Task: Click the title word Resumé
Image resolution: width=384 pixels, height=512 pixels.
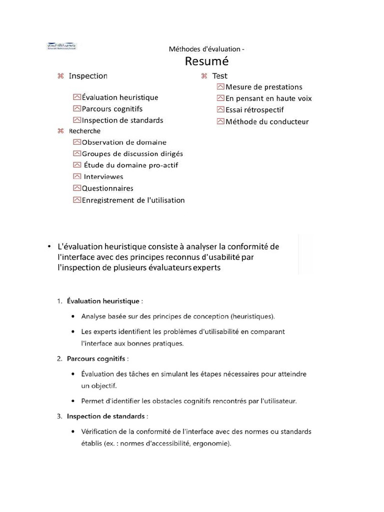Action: click(x=206, y=61)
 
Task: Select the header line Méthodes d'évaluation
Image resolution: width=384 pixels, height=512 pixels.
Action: click(x=207, y=49)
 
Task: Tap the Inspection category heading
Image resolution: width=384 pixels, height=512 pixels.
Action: click(x=88, y=76)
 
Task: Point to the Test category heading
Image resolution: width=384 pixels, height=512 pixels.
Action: click(x=219, y=76)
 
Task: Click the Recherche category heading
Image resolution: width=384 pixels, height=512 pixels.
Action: click(x=84, y=131)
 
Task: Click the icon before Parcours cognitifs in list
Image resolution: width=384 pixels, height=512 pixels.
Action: click(x=76, y=108)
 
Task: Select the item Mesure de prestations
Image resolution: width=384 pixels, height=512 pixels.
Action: click(x=263, y=87)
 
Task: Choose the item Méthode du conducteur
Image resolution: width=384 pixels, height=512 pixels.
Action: click(x=267, y=121)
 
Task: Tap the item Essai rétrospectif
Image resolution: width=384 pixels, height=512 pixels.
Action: click(x=254, y=110)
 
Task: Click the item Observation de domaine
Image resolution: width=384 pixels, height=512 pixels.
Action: click(x=124, y=142)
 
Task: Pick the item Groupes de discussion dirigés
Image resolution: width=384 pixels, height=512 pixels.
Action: click(x=132, y=154)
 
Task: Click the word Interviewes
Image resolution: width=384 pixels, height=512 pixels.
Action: click(x=103, y=177)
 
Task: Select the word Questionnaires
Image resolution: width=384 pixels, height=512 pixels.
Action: click(x=107, y=188)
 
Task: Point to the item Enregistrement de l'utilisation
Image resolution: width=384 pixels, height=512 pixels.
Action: click(x=133, y=200)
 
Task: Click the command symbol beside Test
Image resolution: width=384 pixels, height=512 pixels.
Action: click(x=204, y=76)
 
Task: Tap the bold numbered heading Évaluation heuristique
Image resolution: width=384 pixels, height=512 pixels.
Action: click(x=103, y=301)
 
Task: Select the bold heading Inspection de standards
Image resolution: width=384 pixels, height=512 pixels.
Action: click(x=106, y=416)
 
